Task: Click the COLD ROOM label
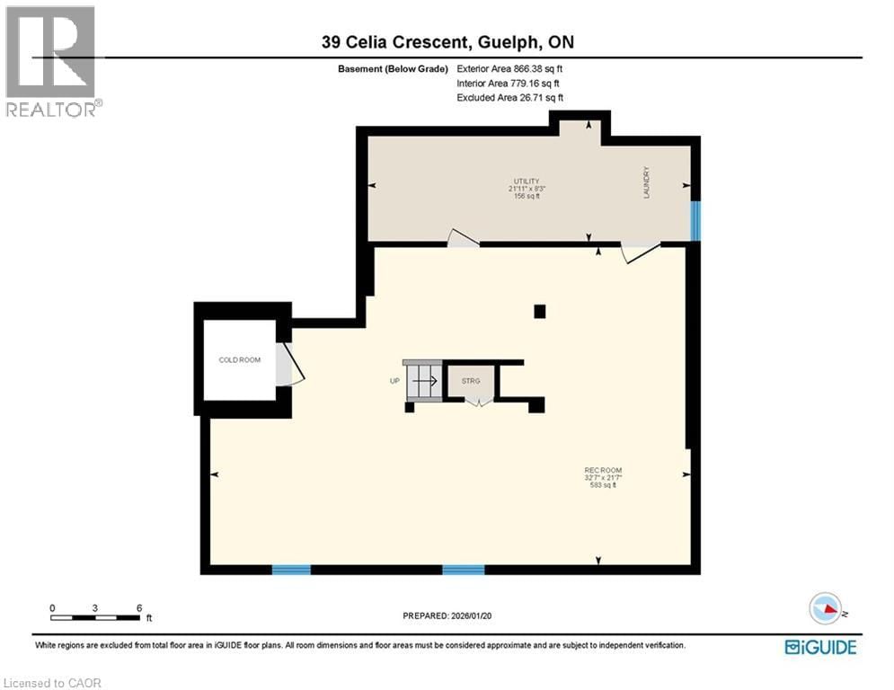click(x=240, y=359)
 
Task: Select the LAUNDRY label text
click(x=646, y=182)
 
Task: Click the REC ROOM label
click(x=603, y=470)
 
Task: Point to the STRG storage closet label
click(x=472, y=381)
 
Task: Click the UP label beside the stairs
click(x=394, y=381)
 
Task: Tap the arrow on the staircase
click(x=425, y=382)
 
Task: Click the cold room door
click(x=289, y=367)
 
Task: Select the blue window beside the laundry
click(x=695, y=221)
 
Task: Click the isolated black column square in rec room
click(x=539, y=312)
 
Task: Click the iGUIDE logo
click(x=820, y=646)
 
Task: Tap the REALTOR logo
click(x=52, y=61)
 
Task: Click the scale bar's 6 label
click(x=138, y=607)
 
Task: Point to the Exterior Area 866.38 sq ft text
click(x=510, y=68)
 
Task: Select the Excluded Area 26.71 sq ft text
click(x=510, y=97)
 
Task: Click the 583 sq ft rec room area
click(x=603, y=485)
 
